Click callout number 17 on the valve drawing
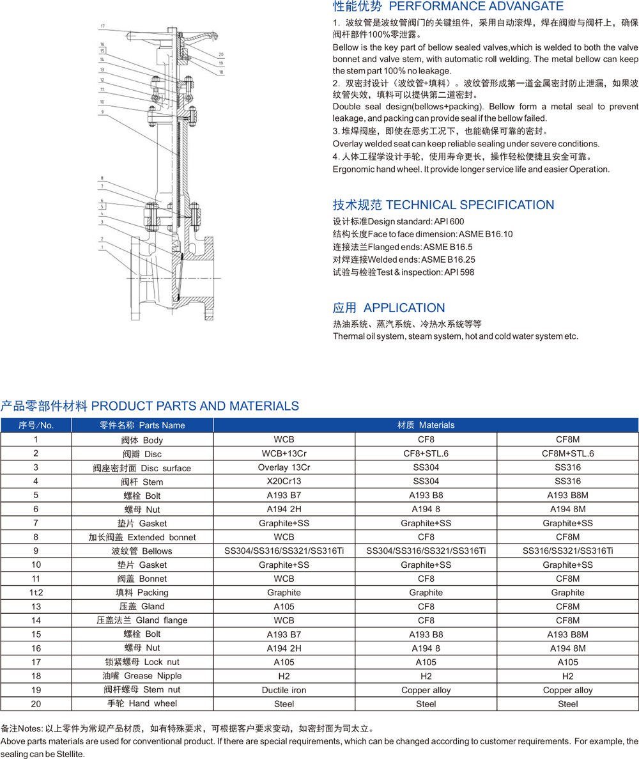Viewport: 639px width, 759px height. [102, 26]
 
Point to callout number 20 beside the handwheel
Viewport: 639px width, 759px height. [220, 54]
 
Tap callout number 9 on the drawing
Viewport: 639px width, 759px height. [102, 112]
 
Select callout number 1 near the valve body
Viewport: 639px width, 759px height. [101, 246]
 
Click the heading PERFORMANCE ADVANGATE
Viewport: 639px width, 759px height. [476, 6]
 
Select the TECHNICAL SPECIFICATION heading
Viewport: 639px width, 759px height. [470, 205]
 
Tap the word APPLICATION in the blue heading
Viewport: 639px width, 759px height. [404, 308]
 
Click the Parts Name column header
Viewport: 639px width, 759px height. [142, 425]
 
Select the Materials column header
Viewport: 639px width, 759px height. [426, 425]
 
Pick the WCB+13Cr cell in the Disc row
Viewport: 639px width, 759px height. [284, 453]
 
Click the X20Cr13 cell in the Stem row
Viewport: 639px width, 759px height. [284, 481]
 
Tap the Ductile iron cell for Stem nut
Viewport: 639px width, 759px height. [284, 690]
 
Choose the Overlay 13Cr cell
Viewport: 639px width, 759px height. [284, 467]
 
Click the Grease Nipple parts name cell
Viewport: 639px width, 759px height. [142, 676]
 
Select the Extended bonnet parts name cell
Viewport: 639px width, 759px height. [142, 537]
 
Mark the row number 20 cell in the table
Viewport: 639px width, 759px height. [36, 703]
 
